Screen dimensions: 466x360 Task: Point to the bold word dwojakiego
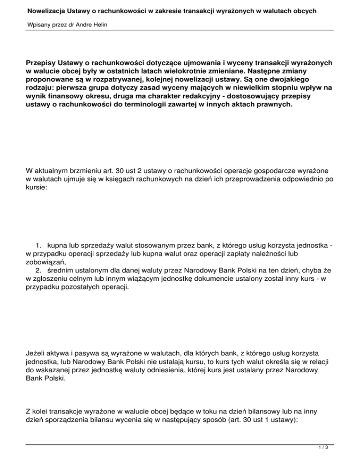(x=303, y=79)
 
